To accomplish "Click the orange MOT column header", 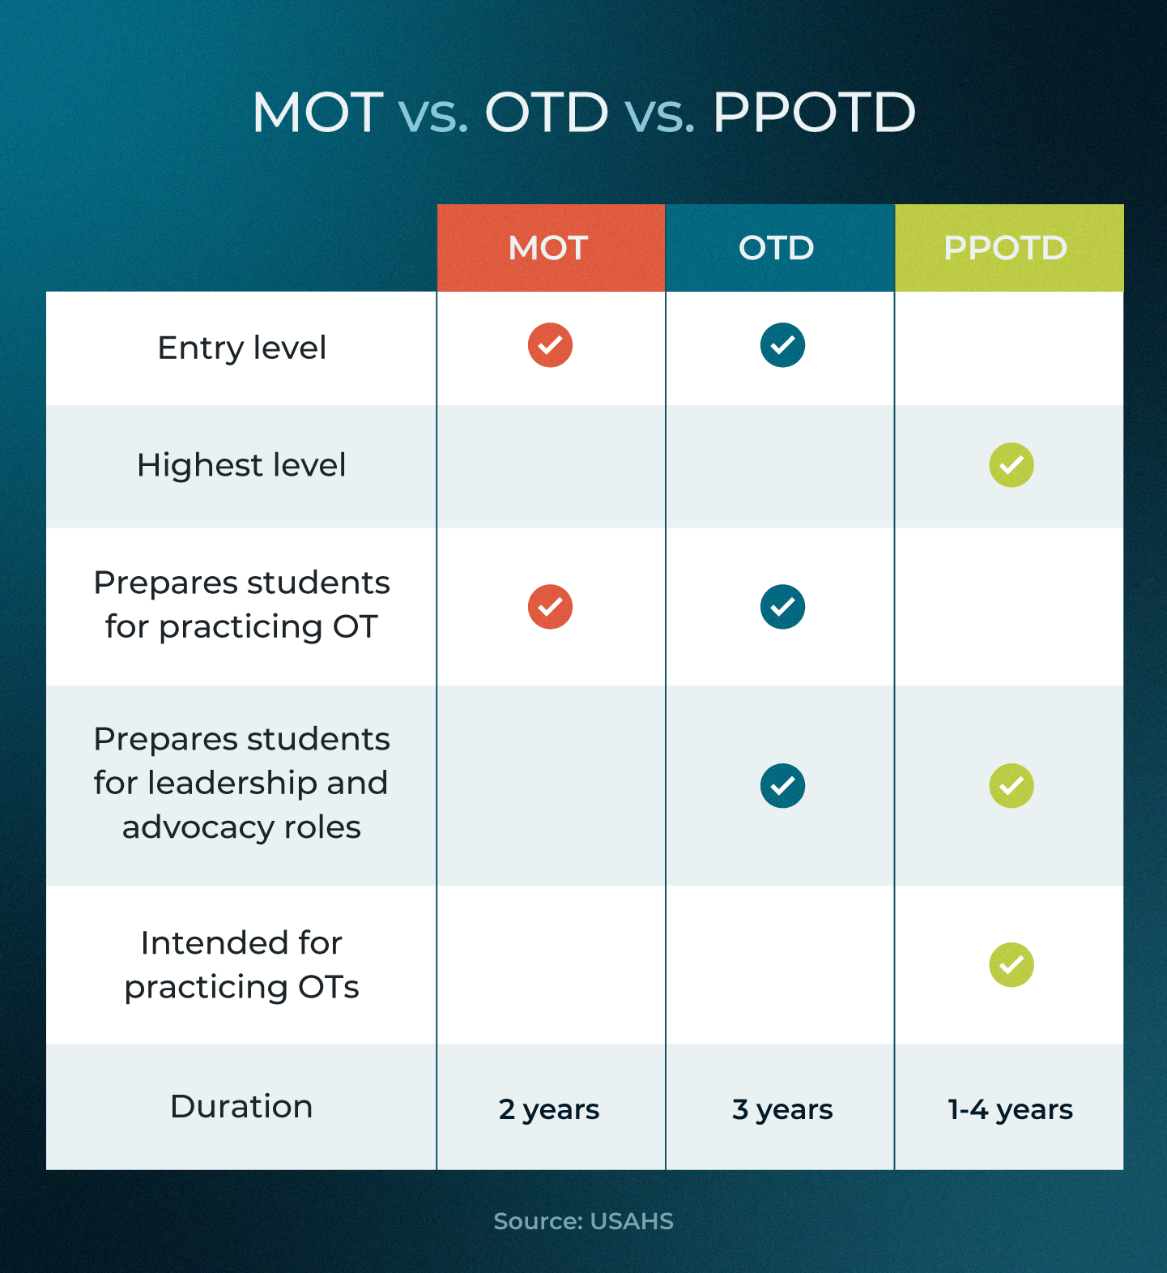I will coord(549,248).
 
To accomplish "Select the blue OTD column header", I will coord(777,248).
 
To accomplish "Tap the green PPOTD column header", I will coord(1007,248).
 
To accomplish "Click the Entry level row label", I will coord(241,348).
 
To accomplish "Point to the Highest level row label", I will coord(241,466).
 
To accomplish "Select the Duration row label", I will coord(241,1107).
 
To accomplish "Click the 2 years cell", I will coord(549,1109).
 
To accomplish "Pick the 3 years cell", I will coord(782,1109).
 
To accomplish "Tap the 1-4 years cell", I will coord(1011,1109).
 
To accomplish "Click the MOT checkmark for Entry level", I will coord(550,345).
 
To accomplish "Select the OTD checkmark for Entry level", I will coord(782,345).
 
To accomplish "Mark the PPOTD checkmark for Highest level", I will coord(1012,465).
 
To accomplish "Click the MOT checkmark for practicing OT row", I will coord(550,607).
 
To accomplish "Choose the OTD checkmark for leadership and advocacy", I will coord(782,786).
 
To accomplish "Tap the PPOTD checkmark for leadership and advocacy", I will coord(1012,786).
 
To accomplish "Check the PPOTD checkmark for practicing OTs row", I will coord(1012,965).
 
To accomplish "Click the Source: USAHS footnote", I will coord(583,1221).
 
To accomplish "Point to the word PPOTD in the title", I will coord(814,112).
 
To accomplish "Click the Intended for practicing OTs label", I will coord(241,965).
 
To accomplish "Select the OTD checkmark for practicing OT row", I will coord(782,607).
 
